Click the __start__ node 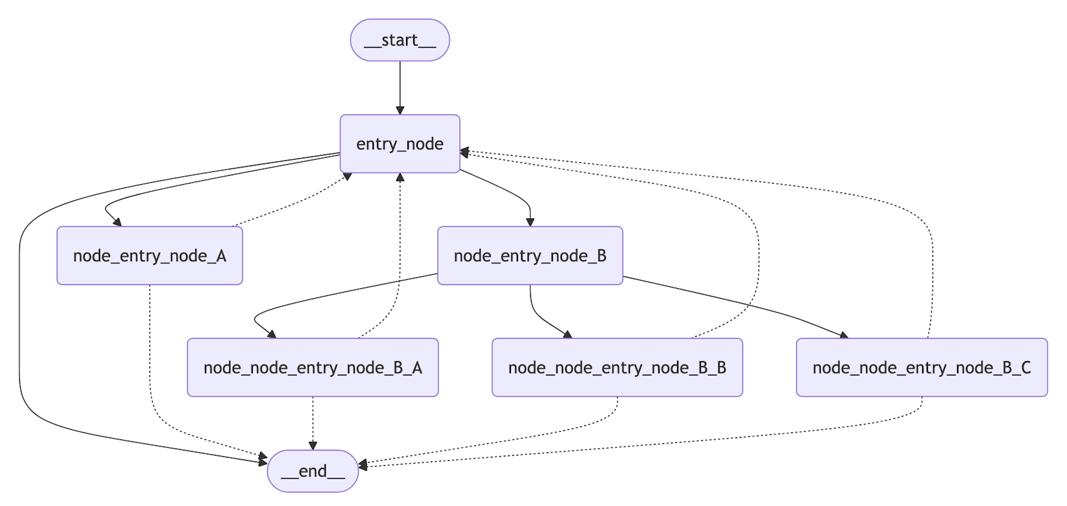(x=400, y=40)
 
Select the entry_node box (x=400, y=143)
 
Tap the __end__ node (x=312, y=470)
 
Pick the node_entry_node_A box (x=149, y=255)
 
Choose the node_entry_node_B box (x=530, y=255)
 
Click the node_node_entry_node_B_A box (x=312, y=367)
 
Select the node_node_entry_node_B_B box (x=617, y=367)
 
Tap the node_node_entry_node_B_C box (x=921, y=367)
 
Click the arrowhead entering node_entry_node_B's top (x=530, y=222)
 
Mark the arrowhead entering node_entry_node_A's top (x=116, y=222)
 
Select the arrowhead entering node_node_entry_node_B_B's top (x=568, y=334)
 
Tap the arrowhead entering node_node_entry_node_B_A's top (x=272, y=334)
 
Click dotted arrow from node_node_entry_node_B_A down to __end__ (x=312, y=420)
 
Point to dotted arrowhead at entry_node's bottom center (x=400, y=178)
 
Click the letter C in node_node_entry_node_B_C (x=1025, y=367)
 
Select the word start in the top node (x=399, y=40)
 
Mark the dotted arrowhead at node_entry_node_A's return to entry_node (x=347, y=176)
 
